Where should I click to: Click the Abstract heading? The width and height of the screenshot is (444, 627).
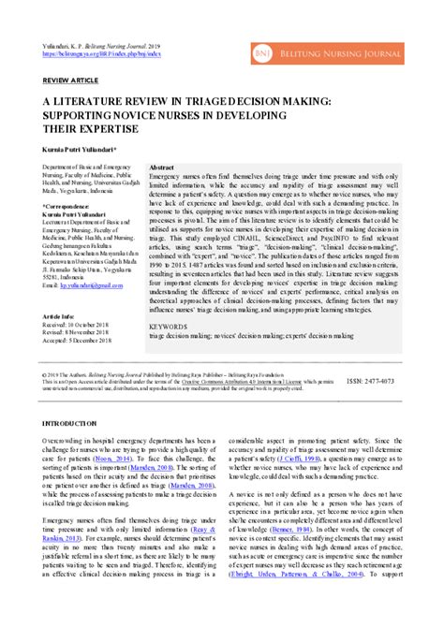pos(163,165)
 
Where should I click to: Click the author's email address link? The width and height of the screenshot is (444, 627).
pos(93,283)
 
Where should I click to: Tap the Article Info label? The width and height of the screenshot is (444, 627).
pos(60,316)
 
